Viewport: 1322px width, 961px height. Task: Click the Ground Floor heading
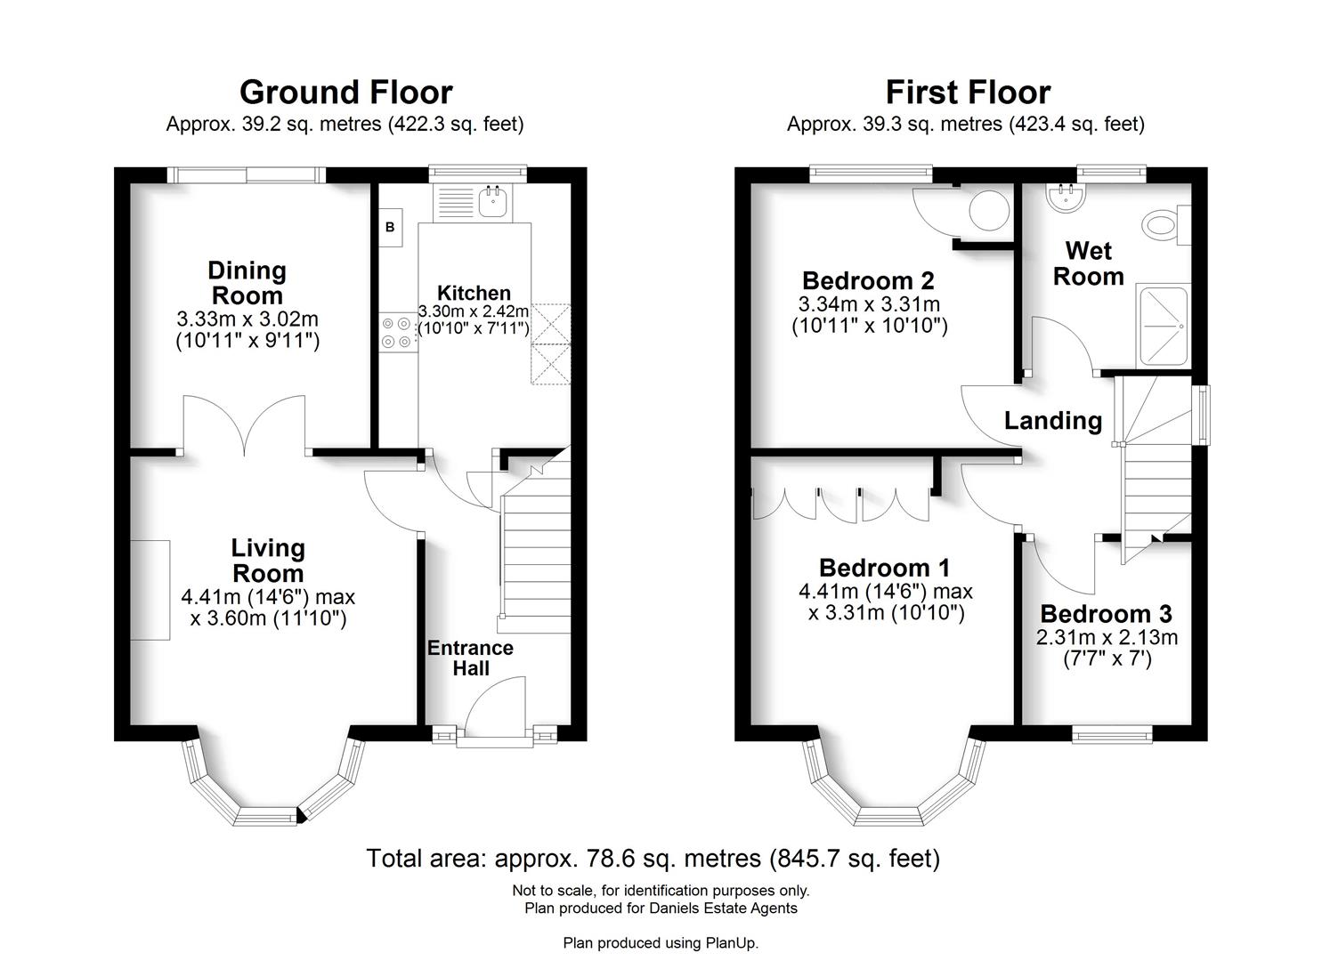point(345,93)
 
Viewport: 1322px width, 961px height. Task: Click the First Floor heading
point(967,93)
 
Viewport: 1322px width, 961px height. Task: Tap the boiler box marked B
point(390,228)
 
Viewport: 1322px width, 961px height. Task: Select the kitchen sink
point(491,202)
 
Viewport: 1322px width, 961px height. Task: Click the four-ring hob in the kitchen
point(397,332)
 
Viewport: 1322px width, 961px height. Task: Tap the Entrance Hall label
point(470,658)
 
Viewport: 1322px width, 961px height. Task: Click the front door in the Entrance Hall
point(495,707)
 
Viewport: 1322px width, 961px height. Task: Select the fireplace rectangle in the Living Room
point(150,589)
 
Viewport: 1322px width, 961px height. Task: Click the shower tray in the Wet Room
point(1163,327)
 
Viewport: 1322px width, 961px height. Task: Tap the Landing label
point(1053,421)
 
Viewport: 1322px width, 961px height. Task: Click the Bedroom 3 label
point(1106,614)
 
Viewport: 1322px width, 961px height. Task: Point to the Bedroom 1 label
point(884,568)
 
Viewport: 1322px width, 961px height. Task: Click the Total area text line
point(653,859)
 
